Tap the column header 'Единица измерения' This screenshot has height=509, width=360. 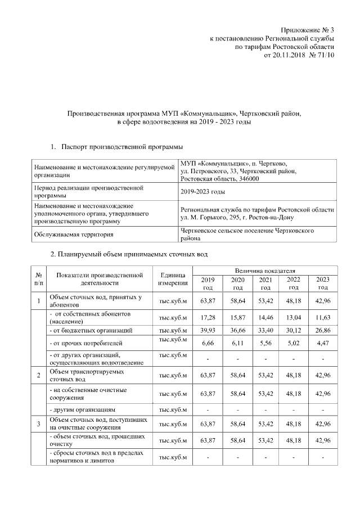click(x=173, y=278)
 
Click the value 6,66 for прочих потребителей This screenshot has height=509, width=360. click(x=208, y=342)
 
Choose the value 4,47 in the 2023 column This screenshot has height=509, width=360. click(x=322, y=342)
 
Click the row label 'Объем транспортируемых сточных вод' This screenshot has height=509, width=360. click(x=87, y=375)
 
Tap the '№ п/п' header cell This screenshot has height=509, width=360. click(x=39, y=278)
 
